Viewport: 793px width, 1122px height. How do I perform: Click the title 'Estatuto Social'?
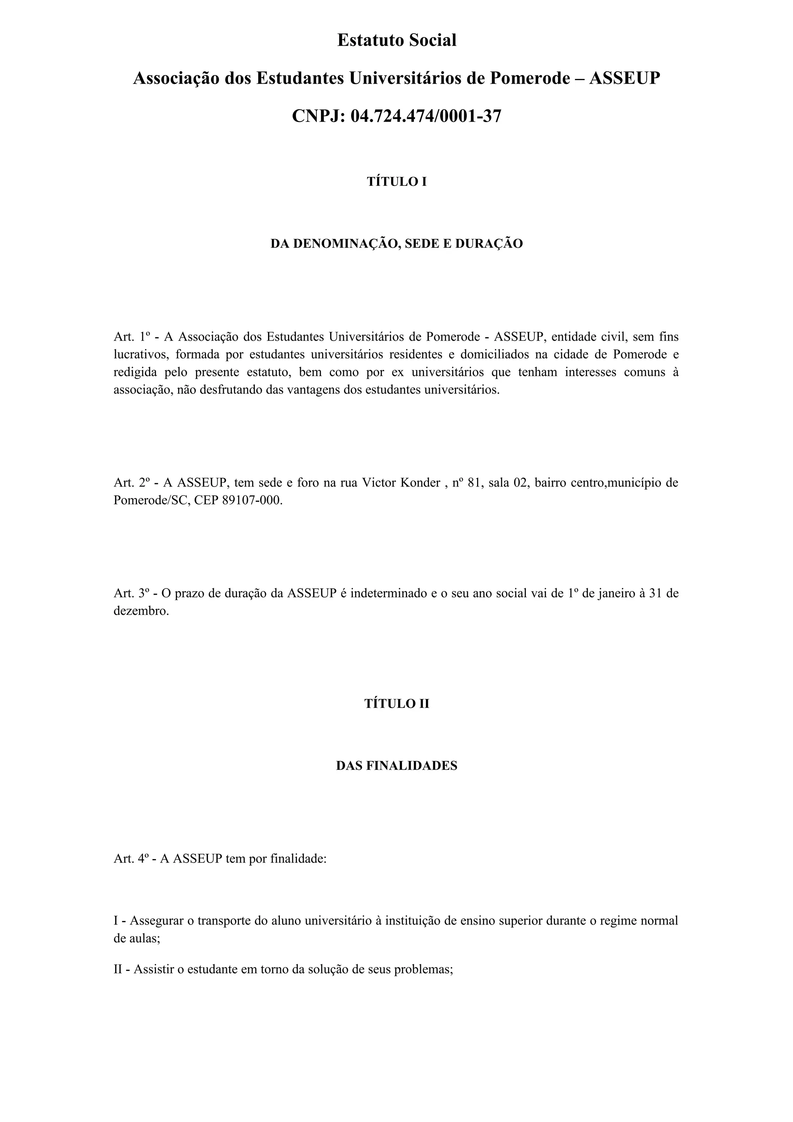tap(397, 40)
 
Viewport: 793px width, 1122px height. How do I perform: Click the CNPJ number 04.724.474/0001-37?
tap(426, 116)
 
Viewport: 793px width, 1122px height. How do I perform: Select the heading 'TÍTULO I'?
tap(397, 182)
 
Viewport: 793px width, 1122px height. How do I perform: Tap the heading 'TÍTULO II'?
tap(397, 704)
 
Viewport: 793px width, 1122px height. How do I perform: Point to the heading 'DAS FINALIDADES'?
tap(397, 766)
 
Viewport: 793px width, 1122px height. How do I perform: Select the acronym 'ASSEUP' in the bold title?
tap(625, 78)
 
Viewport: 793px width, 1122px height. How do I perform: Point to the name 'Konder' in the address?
tap(420, 483)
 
